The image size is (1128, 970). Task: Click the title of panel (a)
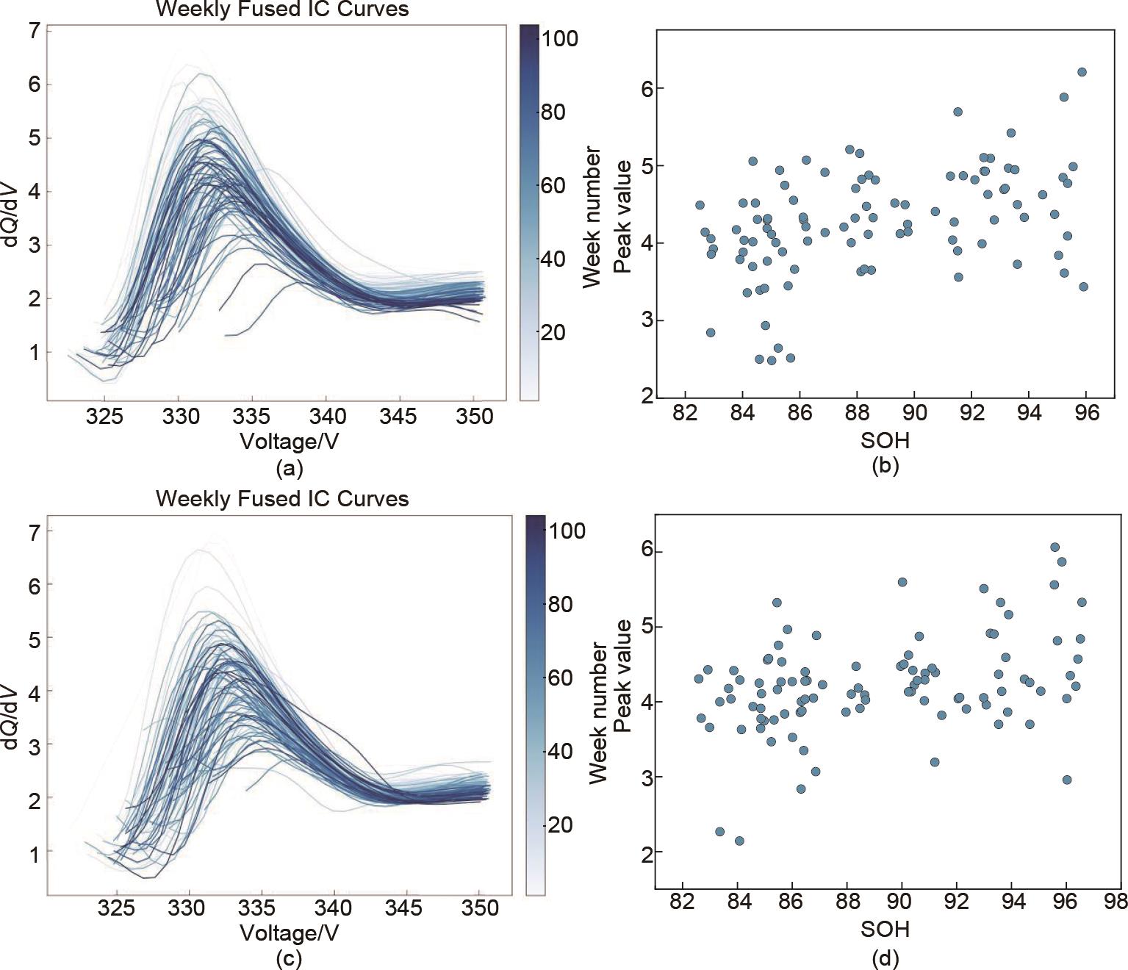coord(282,10)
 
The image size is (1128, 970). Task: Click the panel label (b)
coord(885,465)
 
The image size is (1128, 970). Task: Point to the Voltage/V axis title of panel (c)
coord(290,933)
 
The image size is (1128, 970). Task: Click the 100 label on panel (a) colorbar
coord(559,38)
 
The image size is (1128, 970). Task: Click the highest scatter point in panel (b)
coord(1082,72)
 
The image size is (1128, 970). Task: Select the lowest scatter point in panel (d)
coord(739,841)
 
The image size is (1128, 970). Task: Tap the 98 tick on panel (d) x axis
coord(1121,902)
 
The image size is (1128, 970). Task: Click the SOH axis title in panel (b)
coord(885,440)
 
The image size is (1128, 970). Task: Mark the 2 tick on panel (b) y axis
coord(646,396)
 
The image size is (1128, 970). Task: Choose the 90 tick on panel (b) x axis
coord(914,412)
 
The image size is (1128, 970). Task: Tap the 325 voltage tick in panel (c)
coord(116,908)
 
